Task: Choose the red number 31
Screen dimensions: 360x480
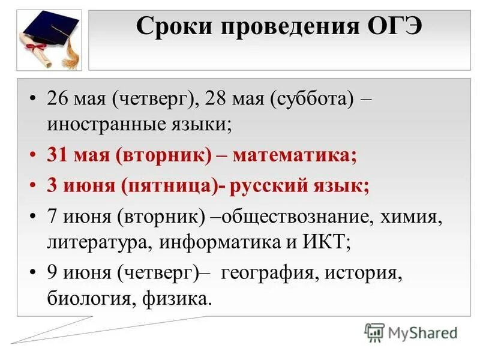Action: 58,156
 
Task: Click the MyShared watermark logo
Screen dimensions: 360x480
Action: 411,331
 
